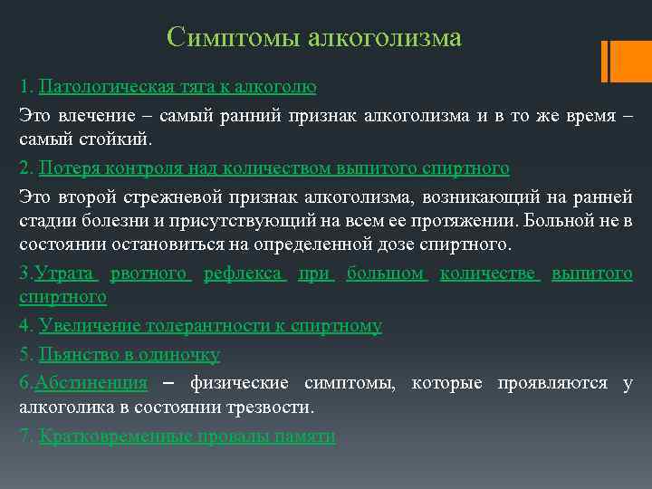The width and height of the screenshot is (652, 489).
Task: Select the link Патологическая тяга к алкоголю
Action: [x=177, y=88]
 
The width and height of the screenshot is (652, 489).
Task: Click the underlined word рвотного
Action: [x=150, y=273]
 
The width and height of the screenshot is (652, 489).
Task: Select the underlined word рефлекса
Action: [x=244, y=273]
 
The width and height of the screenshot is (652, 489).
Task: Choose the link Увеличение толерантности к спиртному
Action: [x=210, y=326]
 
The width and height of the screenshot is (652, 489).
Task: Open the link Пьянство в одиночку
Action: [x=129, y=354]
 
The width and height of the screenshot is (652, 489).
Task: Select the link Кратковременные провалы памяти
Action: [x=187, y=436]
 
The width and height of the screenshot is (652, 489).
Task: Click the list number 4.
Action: [x=24, y=326]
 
